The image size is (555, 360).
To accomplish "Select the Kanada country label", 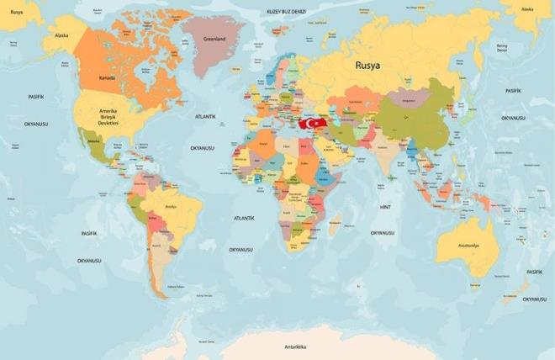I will click(107, 77).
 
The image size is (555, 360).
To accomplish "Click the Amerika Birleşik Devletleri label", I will click(109, 117).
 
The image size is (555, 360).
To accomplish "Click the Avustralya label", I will click(468, 245).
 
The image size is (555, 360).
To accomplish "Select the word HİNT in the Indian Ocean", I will click(386, 206).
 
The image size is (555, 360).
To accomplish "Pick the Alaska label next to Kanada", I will click(61, 36).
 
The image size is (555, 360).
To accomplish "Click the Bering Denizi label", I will click(502, 48).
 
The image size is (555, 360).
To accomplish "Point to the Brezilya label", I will click(172, 206).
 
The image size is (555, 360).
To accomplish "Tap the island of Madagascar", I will click(335, 225).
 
